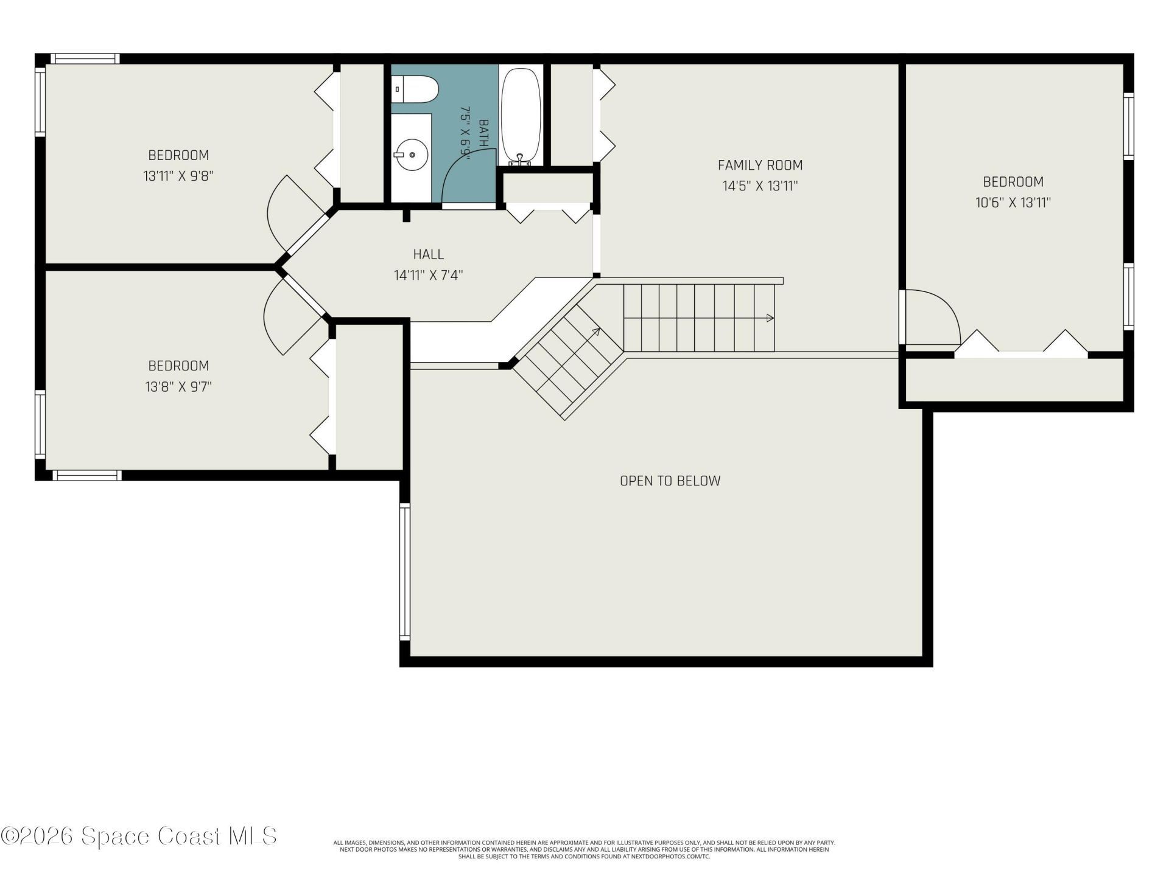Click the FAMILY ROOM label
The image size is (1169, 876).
tap(760, 165)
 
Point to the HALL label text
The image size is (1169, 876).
tap(429, 254)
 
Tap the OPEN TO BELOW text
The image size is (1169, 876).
tap(670, 481)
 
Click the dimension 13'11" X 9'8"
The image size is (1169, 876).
tap(178, 176)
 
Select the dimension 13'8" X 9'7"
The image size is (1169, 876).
tap(178, 387)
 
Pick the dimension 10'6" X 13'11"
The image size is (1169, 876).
tap(1013, 203)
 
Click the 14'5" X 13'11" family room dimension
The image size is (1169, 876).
tap(760, 186)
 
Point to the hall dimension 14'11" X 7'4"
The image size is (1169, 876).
tap(429, 276)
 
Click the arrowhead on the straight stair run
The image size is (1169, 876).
tap(770, 318)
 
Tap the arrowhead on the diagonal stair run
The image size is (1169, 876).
tap(596, 332)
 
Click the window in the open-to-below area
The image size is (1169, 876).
tap(404, 571)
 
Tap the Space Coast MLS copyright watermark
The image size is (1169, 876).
tap(139, 836)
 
